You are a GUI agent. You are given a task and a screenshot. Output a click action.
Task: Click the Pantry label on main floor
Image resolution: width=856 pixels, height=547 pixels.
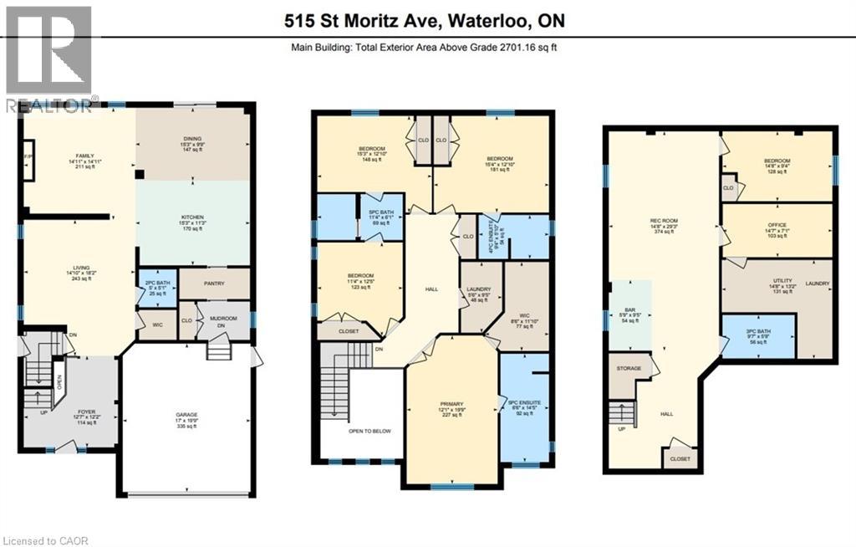pyautogui.click(x=214, y=283)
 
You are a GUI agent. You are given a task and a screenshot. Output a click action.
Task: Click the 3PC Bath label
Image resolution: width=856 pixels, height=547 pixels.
pyautogui.click(x=759, y=335)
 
